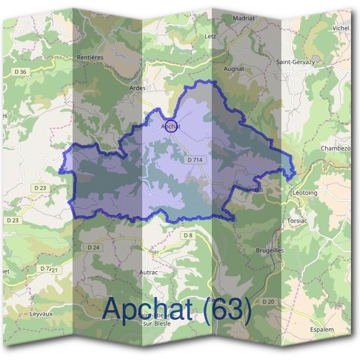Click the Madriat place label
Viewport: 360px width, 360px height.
pos(245,19)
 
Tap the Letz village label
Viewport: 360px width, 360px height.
pos(210,36)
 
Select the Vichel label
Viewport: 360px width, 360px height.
pos(340,28)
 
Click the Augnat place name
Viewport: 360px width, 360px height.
pos(234,69)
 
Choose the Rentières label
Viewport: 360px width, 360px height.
pos(91,57)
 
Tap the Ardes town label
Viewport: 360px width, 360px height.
pos(137,88)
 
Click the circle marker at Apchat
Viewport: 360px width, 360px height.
pos(171,126)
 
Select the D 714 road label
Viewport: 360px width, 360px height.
pos(196,160)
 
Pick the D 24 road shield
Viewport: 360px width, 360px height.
pos(94,247)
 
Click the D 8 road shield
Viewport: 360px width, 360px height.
pos(188,235)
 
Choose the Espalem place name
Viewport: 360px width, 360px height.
pos(322,329)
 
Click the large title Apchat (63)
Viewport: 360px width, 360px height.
pos(176,309)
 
